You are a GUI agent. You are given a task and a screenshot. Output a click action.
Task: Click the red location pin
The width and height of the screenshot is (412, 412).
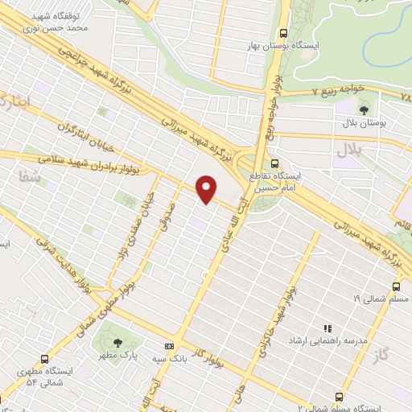(207, 188)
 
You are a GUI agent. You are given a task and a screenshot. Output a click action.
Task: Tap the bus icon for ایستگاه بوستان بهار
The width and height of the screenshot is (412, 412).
(282, 34)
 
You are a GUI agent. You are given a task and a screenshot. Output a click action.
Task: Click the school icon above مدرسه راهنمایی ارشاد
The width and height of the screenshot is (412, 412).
(327, 328)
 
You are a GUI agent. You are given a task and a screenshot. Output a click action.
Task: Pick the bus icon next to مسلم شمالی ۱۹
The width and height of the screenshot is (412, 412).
(395, 286)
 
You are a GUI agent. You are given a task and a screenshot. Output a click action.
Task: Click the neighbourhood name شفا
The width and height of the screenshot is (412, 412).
(25, 176)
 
